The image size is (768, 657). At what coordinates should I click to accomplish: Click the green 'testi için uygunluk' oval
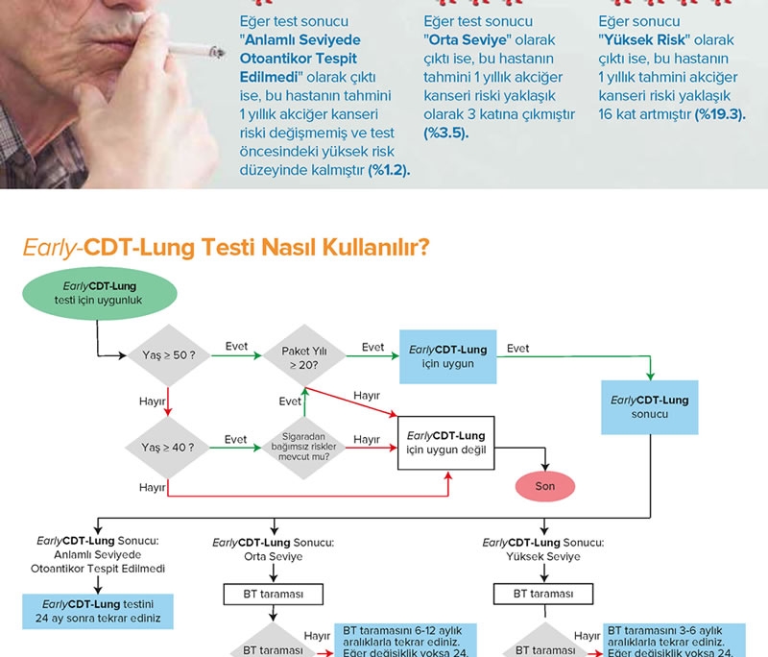coord(99,294)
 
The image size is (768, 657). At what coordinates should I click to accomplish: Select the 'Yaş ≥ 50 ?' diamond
coord(168,355)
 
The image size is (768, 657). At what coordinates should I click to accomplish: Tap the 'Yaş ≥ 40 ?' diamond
coord(168,447)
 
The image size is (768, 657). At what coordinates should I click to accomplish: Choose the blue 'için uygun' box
coord(447,356)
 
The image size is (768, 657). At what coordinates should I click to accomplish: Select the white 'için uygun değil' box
coord(447,442)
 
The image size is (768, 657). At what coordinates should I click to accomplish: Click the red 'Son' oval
coord(545,486)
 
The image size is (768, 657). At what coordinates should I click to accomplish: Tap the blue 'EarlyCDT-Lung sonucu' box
coord(650,407)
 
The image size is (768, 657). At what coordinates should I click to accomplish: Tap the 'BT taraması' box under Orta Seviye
coord(274,595)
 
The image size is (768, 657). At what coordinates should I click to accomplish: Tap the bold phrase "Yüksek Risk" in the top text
coord(639,40)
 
